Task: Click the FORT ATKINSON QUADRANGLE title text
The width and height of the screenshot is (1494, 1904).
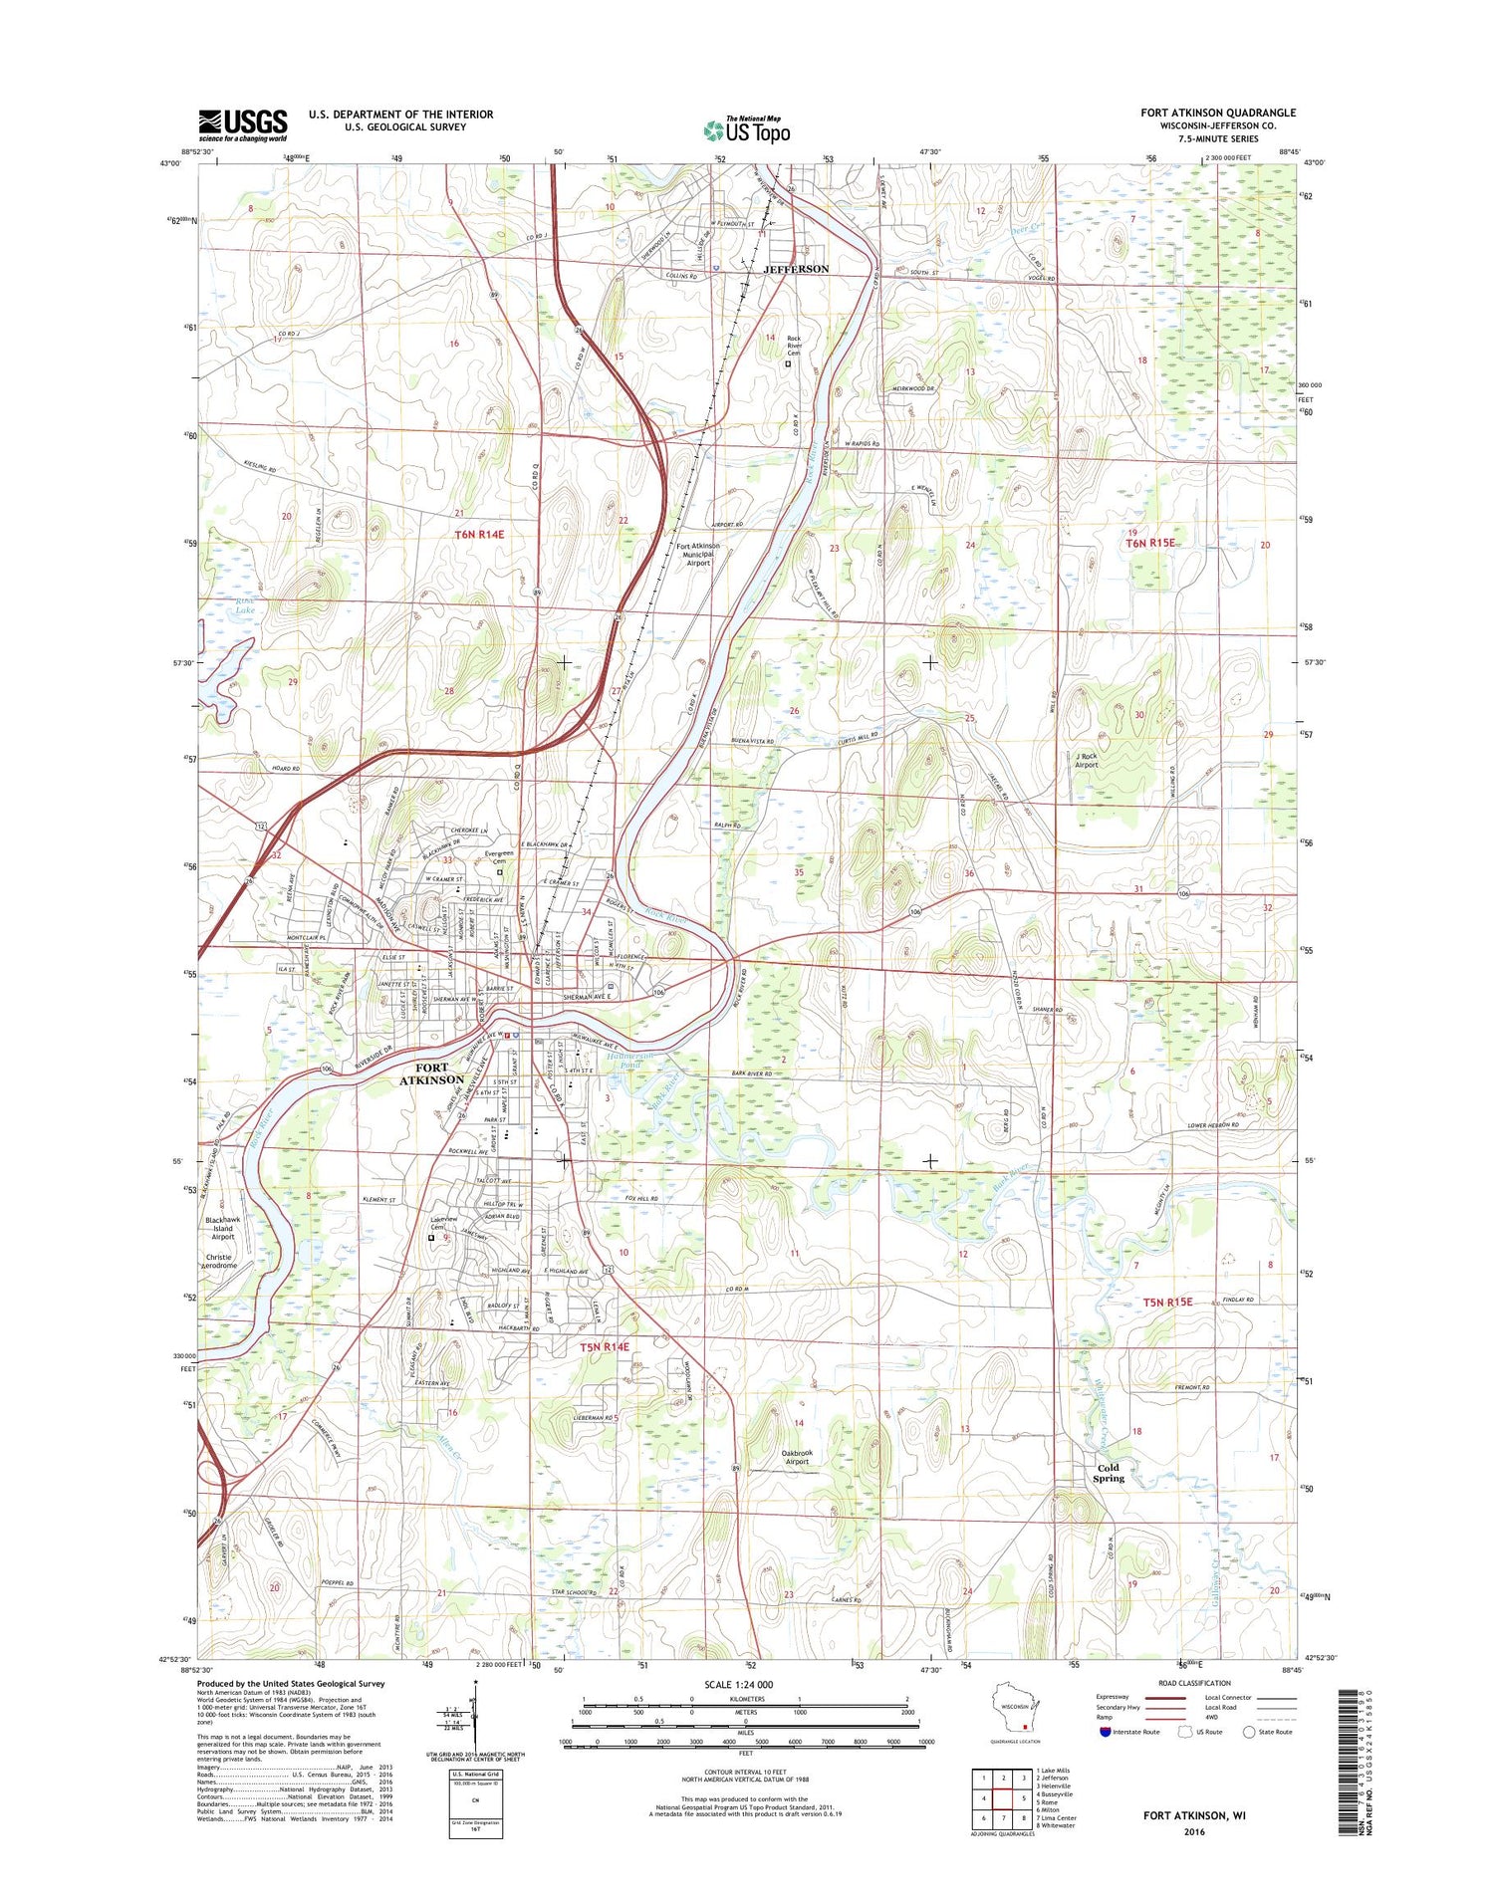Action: coord(1218,113)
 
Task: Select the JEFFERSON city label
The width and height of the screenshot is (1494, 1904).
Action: coord(795,269)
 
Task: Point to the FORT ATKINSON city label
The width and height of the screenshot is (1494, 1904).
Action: coord(431,1072)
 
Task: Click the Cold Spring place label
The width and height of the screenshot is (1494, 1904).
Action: coord(1108,1472)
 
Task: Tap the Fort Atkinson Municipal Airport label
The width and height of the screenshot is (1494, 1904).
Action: coord(698,554)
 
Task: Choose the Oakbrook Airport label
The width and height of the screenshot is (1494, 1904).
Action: coord(796,1457)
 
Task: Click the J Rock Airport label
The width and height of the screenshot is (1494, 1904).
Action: coord(1086,760)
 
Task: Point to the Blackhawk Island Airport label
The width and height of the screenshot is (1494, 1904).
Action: coord(222,1228)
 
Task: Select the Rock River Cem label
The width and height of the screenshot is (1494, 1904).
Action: coord(794,345)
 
